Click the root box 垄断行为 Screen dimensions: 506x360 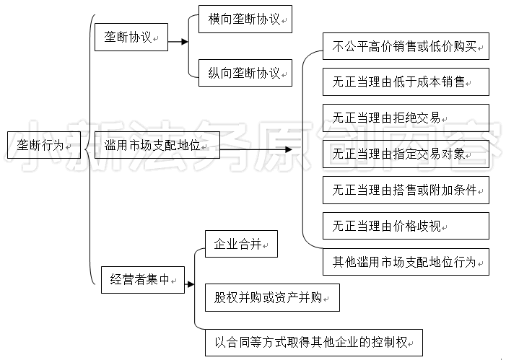tap(44, 145)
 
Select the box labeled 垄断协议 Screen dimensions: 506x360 tap(131, 37)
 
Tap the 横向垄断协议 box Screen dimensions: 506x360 tap(245, 19)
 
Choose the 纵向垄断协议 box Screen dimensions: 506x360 tap(245, 73)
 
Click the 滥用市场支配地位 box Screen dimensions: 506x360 tap(157, 145)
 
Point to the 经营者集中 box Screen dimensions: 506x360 tap(143, 280)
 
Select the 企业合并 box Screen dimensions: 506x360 tap(241, 244)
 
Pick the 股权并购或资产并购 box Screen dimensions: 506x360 tap(272, 297)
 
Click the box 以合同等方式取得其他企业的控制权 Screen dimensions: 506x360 tap(314, 343)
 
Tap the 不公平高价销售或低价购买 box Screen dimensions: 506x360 tap(406, 46)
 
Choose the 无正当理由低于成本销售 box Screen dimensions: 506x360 tap(406, 82)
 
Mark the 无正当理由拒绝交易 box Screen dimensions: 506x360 tap(406, 118)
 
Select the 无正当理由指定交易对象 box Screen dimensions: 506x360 tap(406, 154)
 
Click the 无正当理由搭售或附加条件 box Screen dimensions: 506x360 tap(406, 190)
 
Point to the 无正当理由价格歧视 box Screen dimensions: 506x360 tap(406, 226)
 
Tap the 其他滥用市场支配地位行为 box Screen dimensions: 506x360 tap(406, 262)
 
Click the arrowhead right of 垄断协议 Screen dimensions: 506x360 tap(185, 42)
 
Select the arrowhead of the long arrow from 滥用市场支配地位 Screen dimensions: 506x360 tap(289, 149)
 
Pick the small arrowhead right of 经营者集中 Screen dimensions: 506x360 tap(191, 284)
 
